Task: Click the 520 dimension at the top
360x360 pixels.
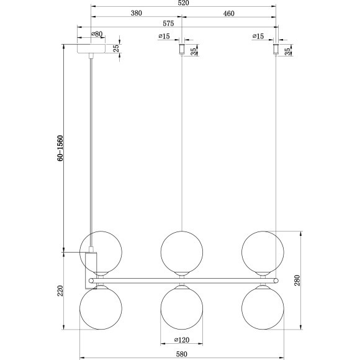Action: (x=184, y=4)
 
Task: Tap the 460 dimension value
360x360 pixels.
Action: (x=228, y=13)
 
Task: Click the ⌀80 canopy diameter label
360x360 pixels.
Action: (x=96, y=35)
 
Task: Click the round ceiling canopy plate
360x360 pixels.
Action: (x=92, y=49)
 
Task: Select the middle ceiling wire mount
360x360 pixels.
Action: (x=181, y=48)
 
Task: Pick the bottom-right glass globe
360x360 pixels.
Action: (x=262, y=307)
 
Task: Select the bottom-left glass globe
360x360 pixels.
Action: (x=101, y=307)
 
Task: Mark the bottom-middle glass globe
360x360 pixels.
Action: (x=181, y=307)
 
